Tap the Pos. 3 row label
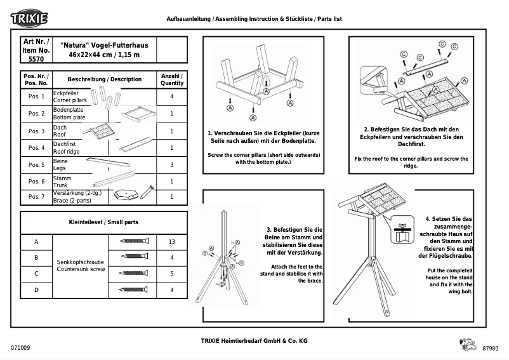[36, 131]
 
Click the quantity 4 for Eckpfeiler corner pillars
[172, 97]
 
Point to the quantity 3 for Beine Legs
[172, 165]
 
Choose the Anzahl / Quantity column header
[172, 79]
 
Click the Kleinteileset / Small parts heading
[103, 223]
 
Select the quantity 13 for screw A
[172, 242]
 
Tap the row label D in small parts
[36, 290]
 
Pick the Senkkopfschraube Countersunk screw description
[81, 265]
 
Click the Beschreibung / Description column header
[105, 79]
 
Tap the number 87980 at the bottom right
[491, 349]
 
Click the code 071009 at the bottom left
[20, 349]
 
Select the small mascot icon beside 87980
[466, 345]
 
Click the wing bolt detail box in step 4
[400, 230]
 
